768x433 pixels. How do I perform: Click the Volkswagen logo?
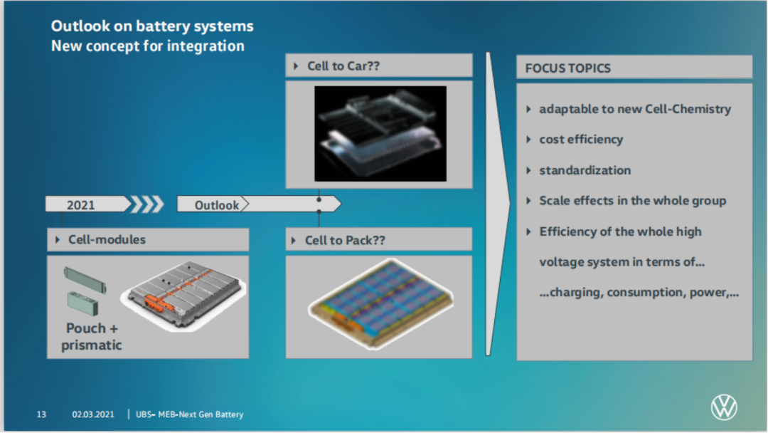coord(724,408)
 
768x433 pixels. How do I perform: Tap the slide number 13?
coord(41,414)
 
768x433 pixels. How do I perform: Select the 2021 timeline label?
coord(81,205)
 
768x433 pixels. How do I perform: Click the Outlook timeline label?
coord(217,205)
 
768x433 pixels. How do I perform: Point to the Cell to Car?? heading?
coord(343,66)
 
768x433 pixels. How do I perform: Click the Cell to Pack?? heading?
coord(345,240)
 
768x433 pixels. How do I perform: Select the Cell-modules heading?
coord(107,240)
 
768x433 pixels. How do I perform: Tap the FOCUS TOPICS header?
coord(567,68)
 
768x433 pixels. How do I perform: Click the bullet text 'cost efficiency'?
coord(580,140)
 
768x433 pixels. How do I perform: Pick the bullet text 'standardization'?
coord(585,170)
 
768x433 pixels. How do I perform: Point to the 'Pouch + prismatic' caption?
coord(92,337)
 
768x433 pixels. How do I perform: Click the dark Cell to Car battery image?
coord(380,133)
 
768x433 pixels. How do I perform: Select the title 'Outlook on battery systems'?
coord(152,26)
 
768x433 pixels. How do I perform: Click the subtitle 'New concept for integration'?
coord(147,46)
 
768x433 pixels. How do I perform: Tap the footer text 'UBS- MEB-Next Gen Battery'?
coord(189,414)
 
